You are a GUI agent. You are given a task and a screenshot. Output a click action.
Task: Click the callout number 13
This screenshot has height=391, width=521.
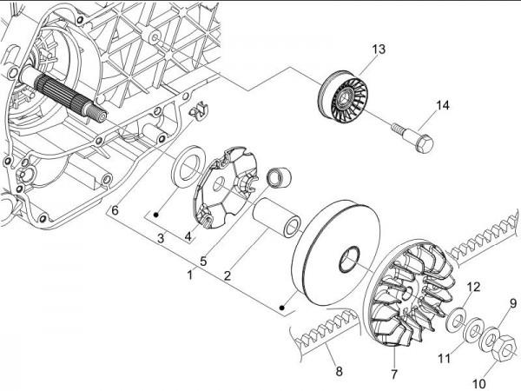point(379,50)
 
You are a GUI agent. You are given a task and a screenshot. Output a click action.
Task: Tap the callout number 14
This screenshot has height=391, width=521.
point(443,105)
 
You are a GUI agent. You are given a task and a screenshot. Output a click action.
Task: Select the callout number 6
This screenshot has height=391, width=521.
point(113,210)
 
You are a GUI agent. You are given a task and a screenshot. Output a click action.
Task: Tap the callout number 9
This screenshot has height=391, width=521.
point(512,303)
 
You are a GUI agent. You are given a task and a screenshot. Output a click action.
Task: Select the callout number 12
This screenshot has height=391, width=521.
point(473,287)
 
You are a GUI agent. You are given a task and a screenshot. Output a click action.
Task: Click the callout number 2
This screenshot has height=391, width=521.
point(227,276)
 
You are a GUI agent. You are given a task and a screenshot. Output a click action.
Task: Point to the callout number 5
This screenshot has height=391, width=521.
point(203,257)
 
